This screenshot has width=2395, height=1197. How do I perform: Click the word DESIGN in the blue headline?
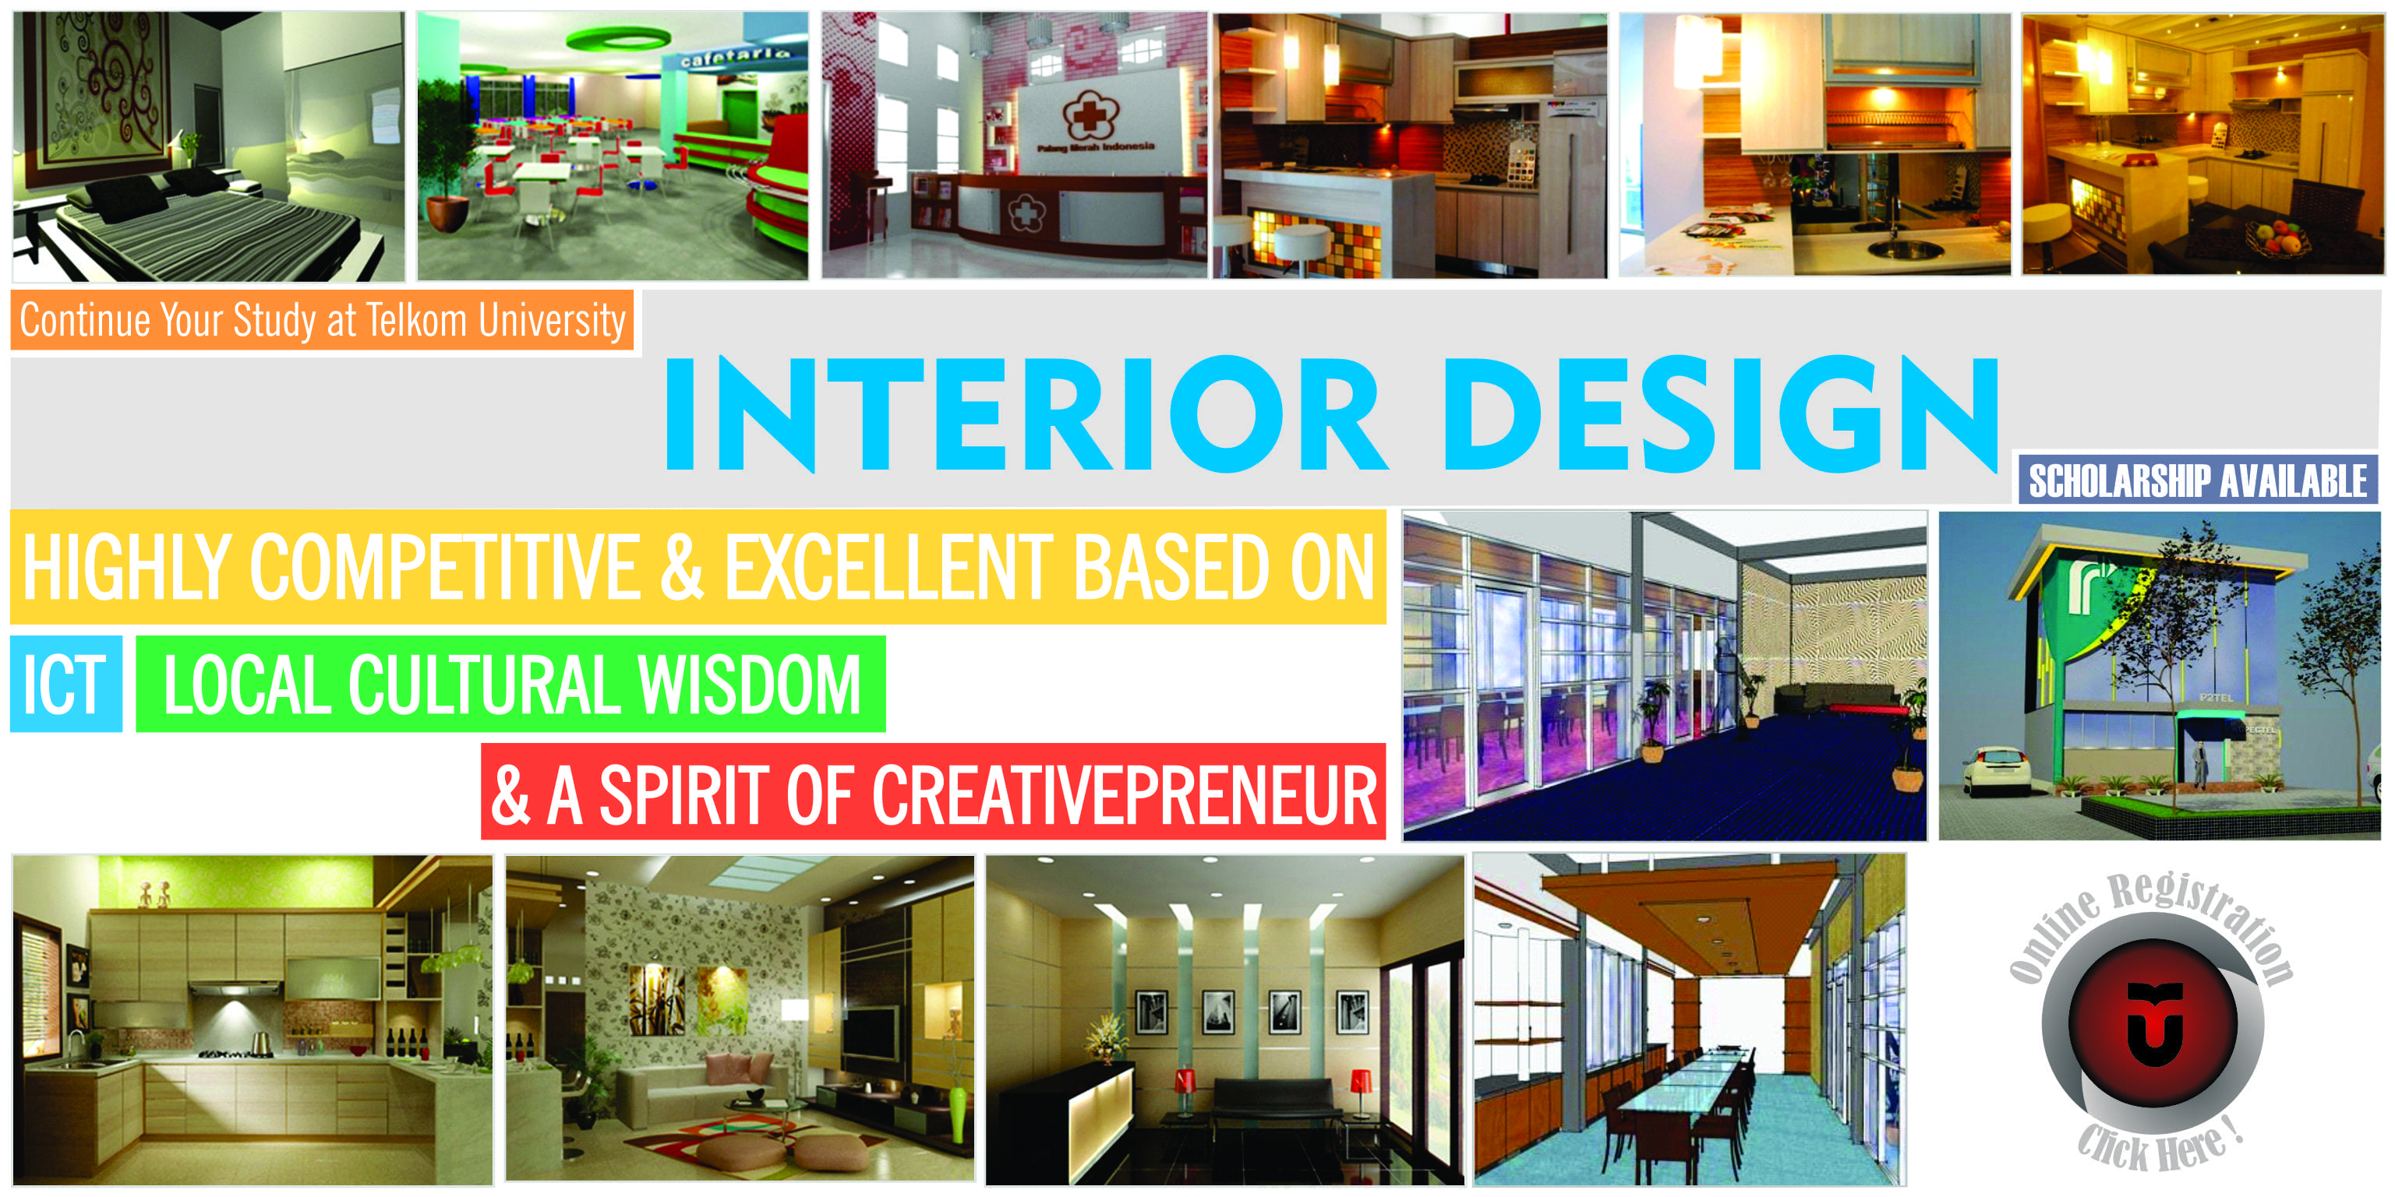[1720, 414]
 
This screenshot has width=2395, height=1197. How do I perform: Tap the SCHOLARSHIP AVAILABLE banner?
[2198, 481]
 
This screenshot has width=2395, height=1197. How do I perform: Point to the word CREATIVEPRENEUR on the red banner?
[1123, 794]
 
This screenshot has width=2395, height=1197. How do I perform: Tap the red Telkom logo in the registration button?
[2153, 1023]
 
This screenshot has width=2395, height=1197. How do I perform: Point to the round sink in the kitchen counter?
[1906, 248]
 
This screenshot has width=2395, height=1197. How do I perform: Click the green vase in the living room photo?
[959, 1111]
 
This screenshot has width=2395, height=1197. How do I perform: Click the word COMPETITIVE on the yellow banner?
[445, 567]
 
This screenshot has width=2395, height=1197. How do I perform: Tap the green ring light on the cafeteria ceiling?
[617, 40]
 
